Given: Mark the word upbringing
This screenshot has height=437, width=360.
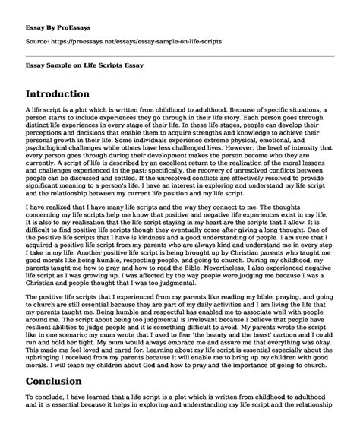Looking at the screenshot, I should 45,367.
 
